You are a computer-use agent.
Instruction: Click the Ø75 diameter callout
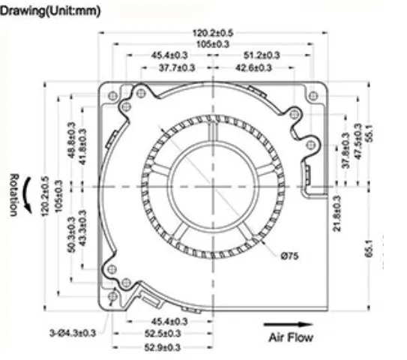click(x=291, y=256)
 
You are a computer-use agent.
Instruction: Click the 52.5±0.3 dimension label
click(x=163, y=334)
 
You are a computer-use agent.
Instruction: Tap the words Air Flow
click(x=291, y=337)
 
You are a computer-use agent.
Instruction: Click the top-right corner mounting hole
click(x=313, y=95)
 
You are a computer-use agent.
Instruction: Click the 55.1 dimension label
click(x=368, y=134)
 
